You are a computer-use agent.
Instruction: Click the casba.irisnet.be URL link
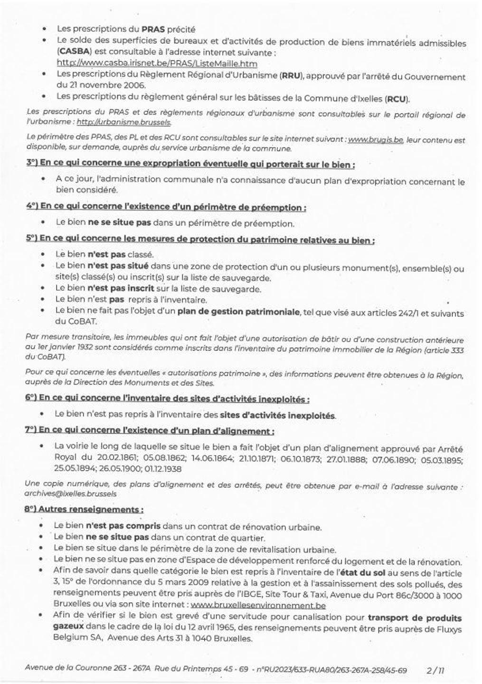click(157, 63)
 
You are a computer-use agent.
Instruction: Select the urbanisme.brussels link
click(123, 122)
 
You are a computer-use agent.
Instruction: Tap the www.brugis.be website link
click(376, 140)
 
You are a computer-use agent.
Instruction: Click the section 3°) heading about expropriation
click(190, 164)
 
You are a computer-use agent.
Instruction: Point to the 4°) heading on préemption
click(166, 207)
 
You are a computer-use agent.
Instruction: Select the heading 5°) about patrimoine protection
click(200, 240)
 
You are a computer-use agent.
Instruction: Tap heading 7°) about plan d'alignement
click(150, 431)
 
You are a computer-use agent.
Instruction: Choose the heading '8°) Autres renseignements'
click(84, 509)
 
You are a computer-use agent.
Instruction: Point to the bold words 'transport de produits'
click(415, 618)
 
